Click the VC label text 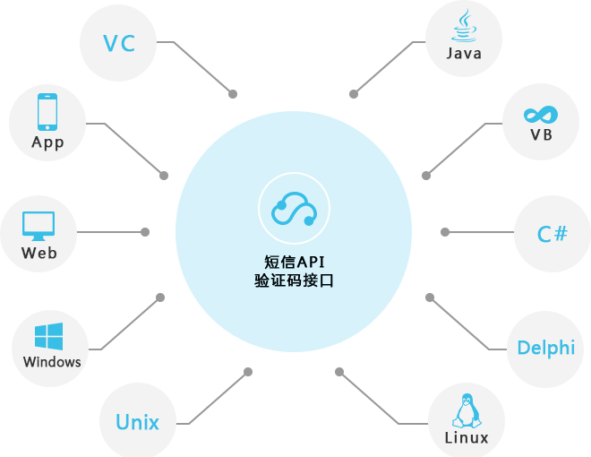pyautogui.click(x=118, y=43)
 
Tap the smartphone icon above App pyautogui.click(x=47, y=112)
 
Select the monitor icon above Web pyautogui.click(x=39, y=225)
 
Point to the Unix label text pyautogui.click(x=137, y=422)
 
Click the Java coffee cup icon pyautogui.click(x=464, y=27)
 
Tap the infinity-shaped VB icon pyautogui.click(x=541, y=115)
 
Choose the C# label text pyautogui.click(x=552, y=235)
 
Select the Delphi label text pyautogui.click(x=546, y=348)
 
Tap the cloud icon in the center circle pyautogui.click(x=295, y=210)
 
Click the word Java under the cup pyautogui.click(x=464, y=54)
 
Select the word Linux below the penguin pyautogui.click(x=467, y=438)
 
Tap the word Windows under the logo pyautogui.click(x=52, y=362)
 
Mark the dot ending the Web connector pyautogui.click(x=145, y=232)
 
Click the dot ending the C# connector pyautogui.click(x=445, y=232)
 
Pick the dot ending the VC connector pyautogui.click(x=233, y=93)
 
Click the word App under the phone pyautogui.click(x=47, y=142)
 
